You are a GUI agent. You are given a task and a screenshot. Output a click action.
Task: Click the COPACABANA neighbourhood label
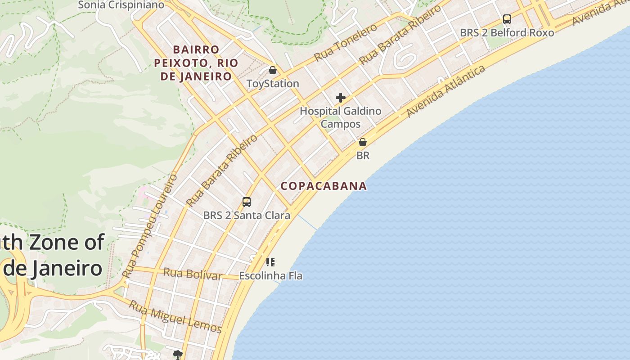[324, 186]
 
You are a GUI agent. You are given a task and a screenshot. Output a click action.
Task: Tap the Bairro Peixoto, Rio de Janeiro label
[196, 63]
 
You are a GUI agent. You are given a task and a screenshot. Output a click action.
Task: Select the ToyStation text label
[273, 84]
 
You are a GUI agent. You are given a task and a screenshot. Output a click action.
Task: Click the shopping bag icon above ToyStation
[272, 70]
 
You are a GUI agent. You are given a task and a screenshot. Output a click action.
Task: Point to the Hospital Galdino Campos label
[340, 117]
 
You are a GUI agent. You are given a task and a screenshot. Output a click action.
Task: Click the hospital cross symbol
[341, 98]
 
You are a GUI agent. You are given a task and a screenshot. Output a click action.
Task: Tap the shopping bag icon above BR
[362, 142]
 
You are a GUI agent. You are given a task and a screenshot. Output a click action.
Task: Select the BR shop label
[363, 156]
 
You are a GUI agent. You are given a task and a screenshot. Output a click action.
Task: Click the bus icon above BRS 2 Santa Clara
[246, 202]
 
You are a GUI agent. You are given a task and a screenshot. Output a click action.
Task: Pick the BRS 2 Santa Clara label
[247, 216]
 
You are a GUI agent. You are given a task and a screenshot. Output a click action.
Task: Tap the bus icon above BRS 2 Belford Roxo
[507, 19]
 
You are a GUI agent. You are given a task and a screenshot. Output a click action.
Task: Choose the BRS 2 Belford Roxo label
[507, 33]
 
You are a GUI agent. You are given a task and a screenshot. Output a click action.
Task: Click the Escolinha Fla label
[270, 275]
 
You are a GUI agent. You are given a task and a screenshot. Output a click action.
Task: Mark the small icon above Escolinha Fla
[270, 262]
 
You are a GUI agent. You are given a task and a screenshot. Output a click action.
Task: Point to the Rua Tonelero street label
[345, 42]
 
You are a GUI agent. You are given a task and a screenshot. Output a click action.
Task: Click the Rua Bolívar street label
[193, 274]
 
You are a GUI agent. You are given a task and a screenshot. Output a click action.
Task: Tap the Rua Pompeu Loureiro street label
[150, 226]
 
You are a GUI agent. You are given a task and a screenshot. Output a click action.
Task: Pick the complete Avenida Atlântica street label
[446, 91]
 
